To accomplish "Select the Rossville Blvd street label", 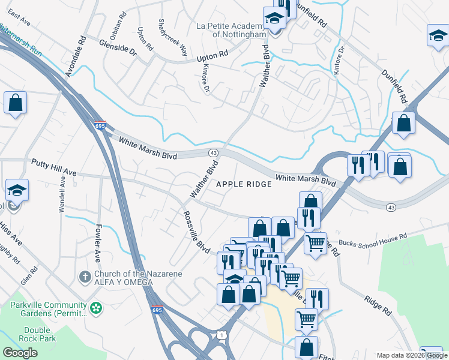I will (197, 231).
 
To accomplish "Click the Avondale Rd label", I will (76, 55).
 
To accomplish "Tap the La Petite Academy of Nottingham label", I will (231, 30).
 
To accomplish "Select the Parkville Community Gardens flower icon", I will (95, 308).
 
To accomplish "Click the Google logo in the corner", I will (20, 353).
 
